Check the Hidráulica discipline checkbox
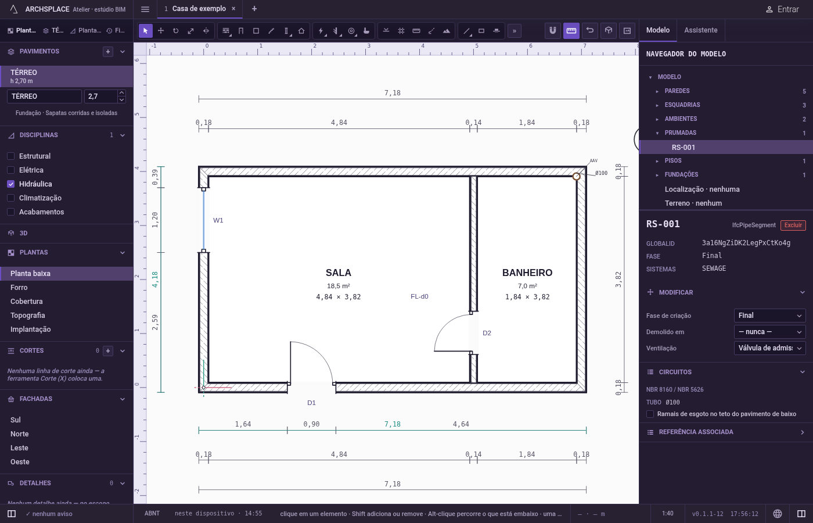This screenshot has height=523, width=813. [11, 184]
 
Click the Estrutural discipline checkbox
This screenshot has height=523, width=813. [11, 156]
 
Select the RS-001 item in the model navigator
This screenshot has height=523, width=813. [683, 148]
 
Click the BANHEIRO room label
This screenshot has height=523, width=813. [527, 273]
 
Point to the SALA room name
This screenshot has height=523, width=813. [338, 273]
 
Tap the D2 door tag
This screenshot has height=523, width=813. [487, 333]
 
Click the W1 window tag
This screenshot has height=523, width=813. [218, 220]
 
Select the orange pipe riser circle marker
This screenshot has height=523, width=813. [576, 177]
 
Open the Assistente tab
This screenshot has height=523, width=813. [700, 30]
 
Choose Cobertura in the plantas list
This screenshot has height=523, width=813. [27, 302]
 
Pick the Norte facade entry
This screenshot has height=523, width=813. [20, 434]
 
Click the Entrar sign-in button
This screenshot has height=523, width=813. [782, 9]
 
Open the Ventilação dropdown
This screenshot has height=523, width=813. [769, 348]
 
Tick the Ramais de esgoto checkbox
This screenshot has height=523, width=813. [650, 414]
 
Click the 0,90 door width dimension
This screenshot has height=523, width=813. [311, 424]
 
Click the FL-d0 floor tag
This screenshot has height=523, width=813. [419, 297]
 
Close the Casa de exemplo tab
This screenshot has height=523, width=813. [233, 9]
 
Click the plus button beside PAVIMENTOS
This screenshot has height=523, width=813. [108, 52]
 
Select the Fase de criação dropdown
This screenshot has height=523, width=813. [769, 316]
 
